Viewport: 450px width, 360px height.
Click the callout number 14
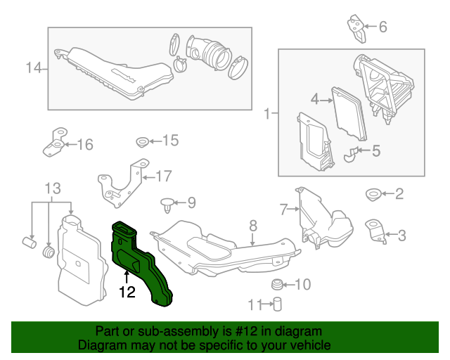click(34, 68)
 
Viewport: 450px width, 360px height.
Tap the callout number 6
click(383, 27)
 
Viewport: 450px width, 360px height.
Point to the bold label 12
click(127, 291)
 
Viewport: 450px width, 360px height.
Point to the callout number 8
click(253, 226)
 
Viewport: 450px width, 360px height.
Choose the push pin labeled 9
click(167, 205)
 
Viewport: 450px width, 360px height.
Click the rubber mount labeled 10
click(278, 285)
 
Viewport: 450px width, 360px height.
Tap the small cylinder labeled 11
click(277, 304)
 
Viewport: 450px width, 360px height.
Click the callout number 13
click(53, 188)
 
